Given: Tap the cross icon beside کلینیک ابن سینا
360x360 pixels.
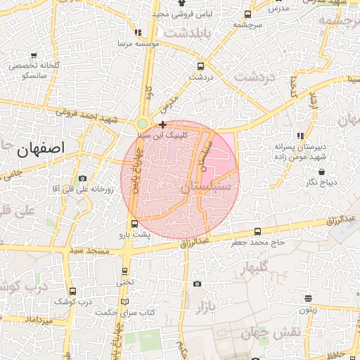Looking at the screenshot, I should point(163,124).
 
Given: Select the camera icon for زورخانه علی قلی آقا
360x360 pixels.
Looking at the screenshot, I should point(83,179).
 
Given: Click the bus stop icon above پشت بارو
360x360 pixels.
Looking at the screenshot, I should point(135,224).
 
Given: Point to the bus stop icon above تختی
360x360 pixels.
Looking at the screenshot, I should point(125,271).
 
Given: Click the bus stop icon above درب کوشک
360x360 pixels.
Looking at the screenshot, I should point(73,291).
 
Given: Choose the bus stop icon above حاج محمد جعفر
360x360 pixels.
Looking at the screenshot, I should point(257,231).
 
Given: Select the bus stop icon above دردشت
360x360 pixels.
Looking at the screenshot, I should point(200,67).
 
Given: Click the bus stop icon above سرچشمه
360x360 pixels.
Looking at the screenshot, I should point(247,14).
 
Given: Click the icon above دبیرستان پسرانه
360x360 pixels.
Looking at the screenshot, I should point(300,136).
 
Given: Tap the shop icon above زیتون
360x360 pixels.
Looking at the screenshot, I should point(308,298).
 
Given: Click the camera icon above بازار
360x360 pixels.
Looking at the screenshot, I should point(197,284).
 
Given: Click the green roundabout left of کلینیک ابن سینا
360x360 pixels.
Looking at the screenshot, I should point(143,124).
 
